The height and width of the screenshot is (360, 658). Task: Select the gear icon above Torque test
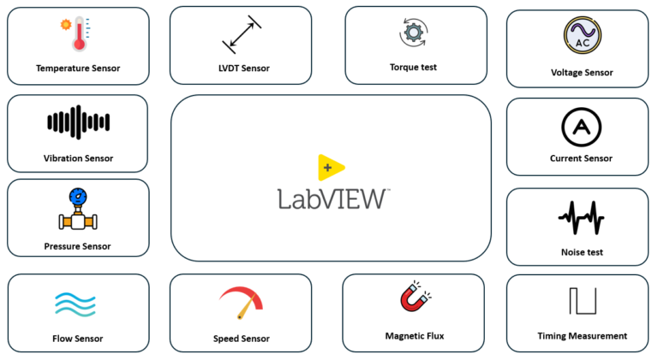[x=413, y=33]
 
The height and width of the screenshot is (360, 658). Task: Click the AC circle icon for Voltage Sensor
[x=582, y=35]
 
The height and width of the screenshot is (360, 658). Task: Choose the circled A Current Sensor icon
[x=581, y=127]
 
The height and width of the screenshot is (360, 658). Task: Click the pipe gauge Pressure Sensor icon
[x=78, y=210]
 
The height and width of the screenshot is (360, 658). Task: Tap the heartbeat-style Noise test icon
[x=581, y=217]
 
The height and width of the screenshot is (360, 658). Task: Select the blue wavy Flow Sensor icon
[x=77, y=304]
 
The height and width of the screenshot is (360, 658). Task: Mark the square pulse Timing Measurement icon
[x=581, y=303]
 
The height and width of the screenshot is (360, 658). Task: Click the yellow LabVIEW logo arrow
[x=330, y=168]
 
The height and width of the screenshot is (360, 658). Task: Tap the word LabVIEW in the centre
[x=332, y=199]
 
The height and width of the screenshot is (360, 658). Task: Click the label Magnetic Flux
[x=415, y=336]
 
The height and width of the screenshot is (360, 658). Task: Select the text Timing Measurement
[x=582, y=336]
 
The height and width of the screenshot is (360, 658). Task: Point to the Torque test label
[x=413, y=67]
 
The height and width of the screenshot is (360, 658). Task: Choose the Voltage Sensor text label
[x=582, y=73]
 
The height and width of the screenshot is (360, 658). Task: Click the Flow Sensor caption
[x=78, y=339]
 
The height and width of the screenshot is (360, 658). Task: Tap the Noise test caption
[x=582, y=252]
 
